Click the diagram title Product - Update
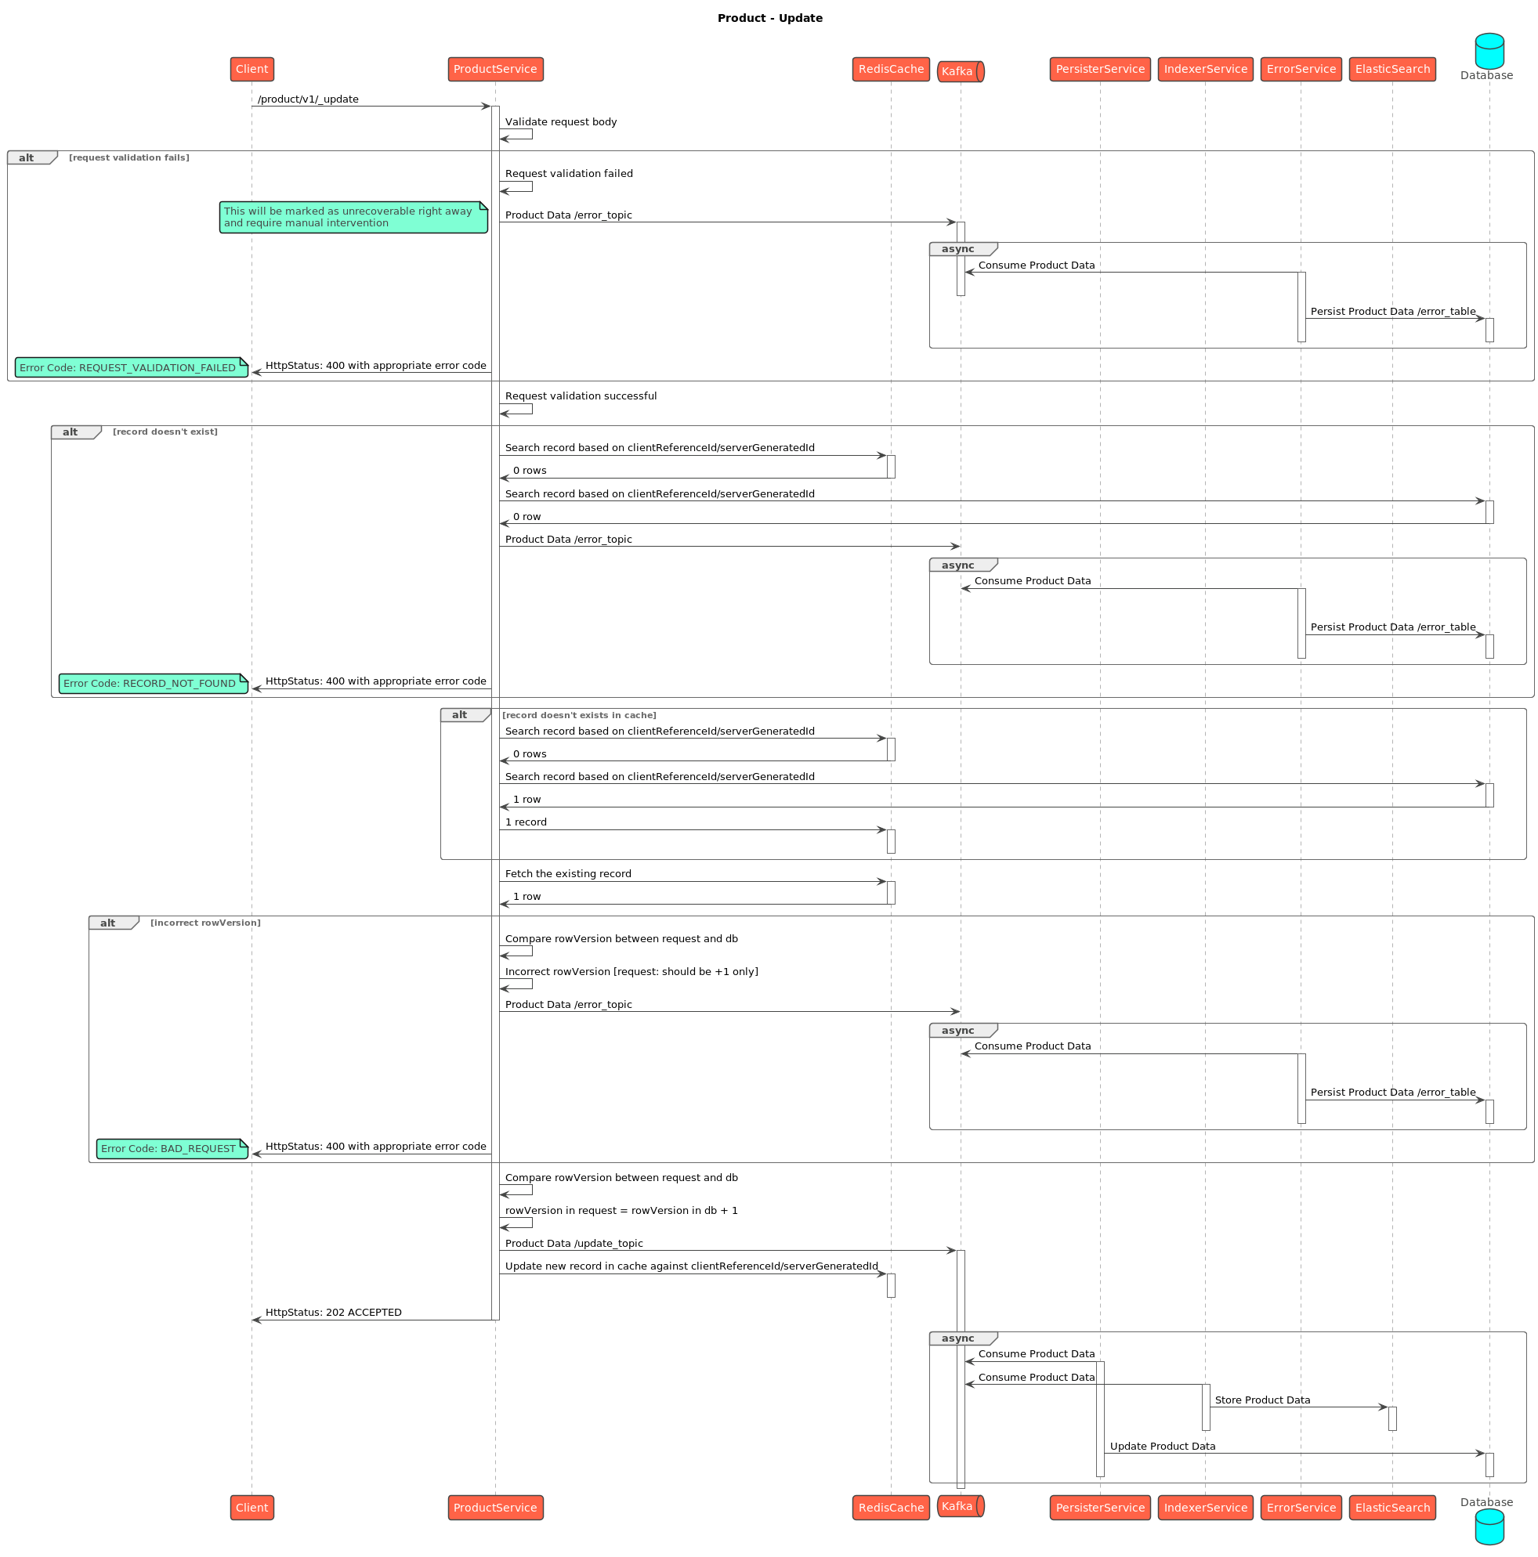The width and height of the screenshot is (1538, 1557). (769, 19)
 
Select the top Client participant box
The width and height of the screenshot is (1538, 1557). (252, 69)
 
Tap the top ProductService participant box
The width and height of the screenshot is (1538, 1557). (495, 69)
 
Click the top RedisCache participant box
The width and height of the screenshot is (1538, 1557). (890, 69)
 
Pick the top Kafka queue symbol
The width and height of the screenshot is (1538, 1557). (959, 72)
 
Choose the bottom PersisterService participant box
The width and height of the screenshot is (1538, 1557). (1098, 1507)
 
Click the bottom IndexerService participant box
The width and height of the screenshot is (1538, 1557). (1204, 1507)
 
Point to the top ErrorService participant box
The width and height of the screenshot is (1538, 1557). (1300, 69)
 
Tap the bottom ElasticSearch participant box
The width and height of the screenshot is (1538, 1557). (1391, 1507)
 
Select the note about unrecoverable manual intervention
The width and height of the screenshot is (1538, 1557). (353, 218)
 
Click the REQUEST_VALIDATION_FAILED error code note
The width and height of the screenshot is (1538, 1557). (131, 367)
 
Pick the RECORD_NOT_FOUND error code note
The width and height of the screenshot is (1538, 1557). (152, 684)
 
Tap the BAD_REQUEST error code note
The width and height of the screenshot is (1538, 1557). (171, 1148)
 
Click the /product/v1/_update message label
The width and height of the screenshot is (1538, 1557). (308, 99)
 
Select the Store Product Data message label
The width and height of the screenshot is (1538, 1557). (1261, 1400)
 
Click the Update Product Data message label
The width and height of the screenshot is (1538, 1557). (1162, 1446)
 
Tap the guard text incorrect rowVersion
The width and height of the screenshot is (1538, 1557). (205, 923)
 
